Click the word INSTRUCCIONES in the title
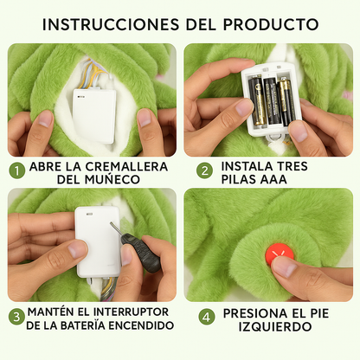pos(111,24)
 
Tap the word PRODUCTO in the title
pos(271,24)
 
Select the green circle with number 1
pos(17,170)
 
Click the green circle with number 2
pos(204,170)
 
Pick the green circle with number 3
pos(16,317)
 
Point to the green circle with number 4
pos(207,317)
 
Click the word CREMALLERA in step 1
pos(126,167)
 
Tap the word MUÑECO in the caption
pos(112,179)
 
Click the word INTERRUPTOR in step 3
pos(131,312)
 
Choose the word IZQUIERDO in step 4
pos(275,327)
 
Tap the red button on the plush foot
pos(279,253)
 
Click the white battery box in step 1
pos(94,116)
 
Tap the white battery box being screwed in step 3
pos(98,241)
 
